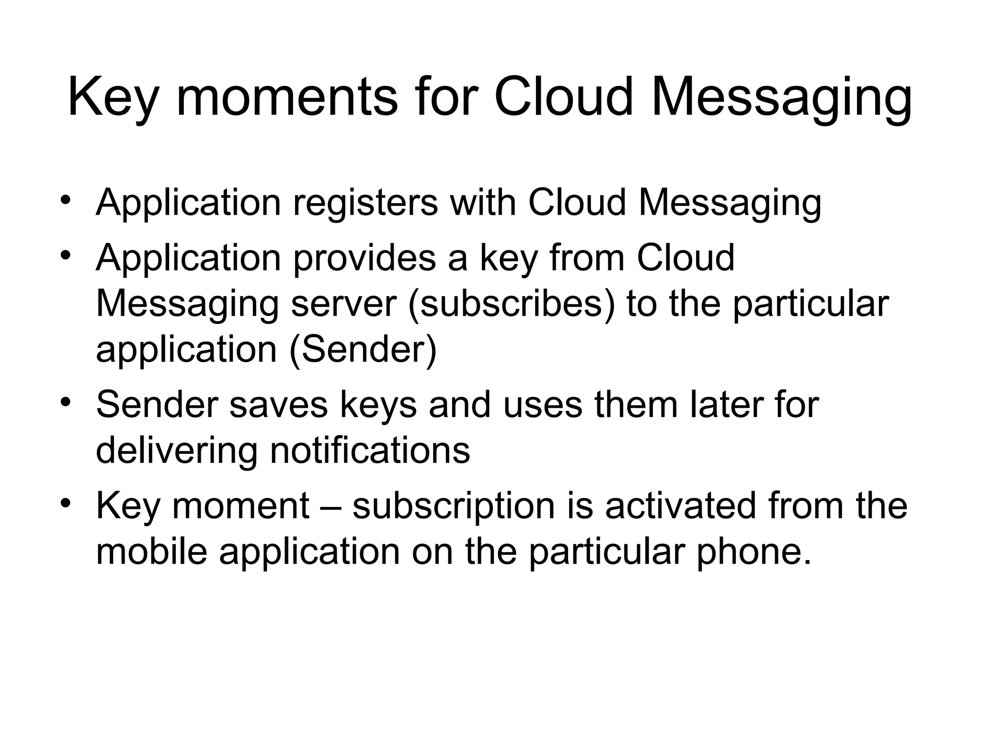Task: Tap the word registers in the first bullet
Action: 365,203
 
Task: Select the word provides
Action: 364,258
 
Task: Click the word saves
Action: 278,405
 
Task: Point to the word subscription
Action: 453,506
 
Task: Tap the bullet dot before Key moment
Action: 66,503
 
